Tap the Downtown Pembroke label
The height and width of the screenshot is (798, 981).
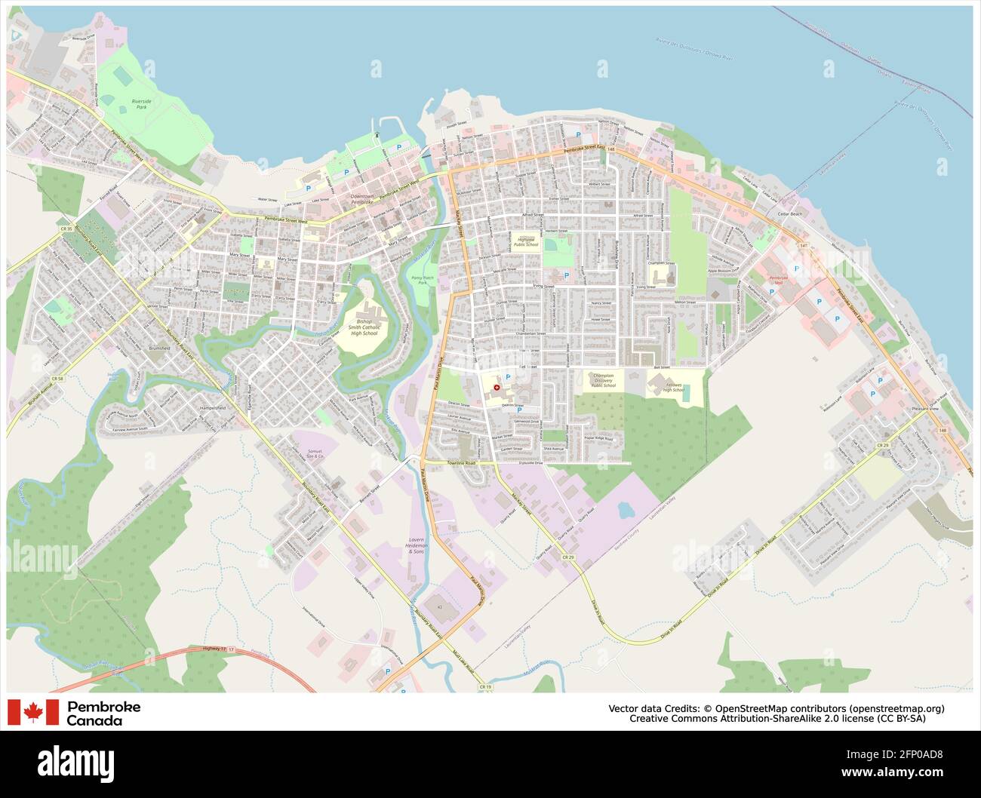click(x=362, y=199)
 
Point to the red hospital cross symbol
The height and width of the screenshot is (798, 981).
click(x=496, y=387)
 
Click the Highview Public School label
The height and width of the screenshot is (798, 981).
click(x=527, y=241)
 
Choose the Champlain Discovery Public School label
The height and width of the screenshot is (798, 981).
click(x=603, y=380)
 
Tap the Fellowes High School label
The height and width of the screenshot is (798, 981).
click(x=674, y=387)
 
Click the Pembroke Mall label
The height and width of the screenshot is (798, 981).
click(x=776, y=281)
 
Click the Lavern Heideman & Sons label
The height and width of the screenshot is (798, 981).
click(x=416, y=546)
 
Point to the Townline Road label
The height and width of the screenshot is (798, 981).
click(x=461, y=462)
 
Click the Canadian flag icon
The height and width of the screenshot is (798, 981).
click(x=33, y=712)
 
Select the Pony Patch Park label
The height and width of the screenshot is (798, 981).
click(x=423, y=280)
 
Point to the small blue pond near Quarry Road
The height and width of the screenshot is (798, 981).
click(x=626, y=511)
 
